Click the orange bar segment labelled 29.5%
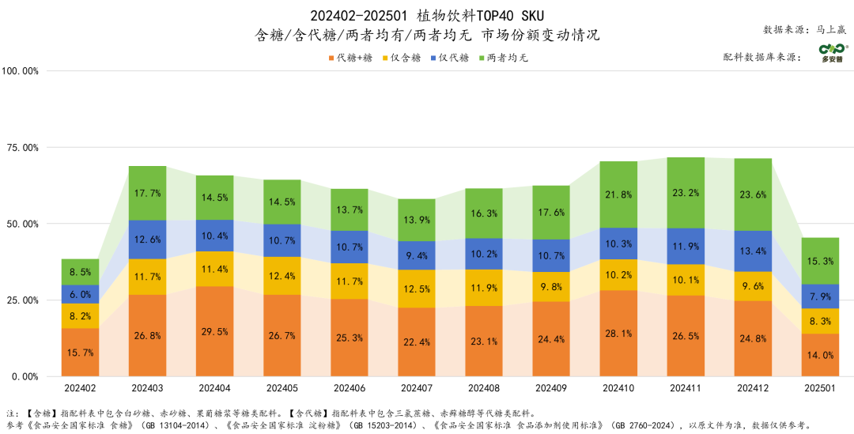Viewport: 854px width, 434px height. coord(215,331)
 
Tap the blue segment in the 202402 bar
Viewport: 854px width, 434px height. coord(81,294)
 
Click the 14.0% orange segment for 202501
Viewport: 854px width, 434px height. coord(820,355)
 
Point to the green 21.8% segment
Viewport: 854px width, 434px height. coord(618,194)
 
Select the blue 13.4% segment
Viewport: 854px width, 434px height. coord(753,251)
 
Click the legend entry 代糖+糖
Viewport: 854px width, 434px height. coord(351,57)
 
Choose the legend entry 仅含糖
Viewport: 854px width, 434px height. coord(402,57)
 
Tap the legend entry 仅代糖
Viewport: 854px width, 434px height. coord(451,57)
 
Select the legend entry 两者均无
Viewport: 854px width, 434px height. coord(503,57)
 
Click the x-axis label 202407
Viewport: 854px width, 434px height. coord(417,389)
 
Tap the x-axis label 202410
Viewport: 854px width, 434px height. coord(618,389)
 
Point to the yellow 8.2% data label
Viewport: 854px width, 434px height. coord(81,315)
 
